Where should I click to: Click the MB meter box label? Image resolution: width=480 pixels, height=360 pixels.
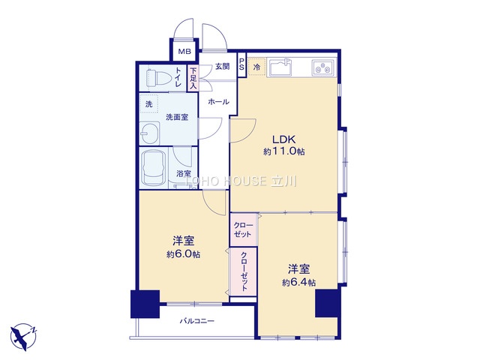[184, 52]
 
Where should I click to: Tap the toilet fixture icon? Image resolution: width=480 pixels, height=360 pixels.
[154, 77]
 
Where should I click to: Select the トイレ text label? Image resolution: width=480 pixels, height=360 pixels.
[178, 77]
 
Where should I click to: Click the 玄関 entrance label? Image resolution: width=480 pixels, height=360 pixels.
[223, 66]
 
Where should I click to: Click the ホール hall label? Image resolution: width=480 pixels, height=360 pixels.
[218, 100]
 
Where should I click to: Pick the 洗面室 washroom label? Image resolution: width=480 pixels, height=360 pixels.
[176, 117]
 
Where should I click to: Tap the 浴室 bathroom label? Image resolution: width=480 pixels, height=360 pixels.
[183, 173]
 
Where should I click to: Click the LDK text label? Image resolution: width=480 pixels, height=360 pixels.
[283, 139]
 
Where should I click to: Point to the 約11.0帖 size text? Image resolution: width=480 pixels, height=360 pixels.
[283, 151]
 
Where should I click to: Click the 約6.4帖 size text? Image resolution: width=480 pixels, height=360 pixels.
[298, 282]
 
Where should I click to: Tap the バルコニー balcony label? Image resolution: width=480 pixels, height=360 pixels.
[196, 321]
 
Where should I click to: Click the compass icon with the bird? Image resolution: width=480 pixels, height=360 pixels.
[24, 336]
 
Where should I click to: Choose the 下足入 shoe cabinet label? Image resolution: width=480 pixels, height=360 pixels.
[193, 79]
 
